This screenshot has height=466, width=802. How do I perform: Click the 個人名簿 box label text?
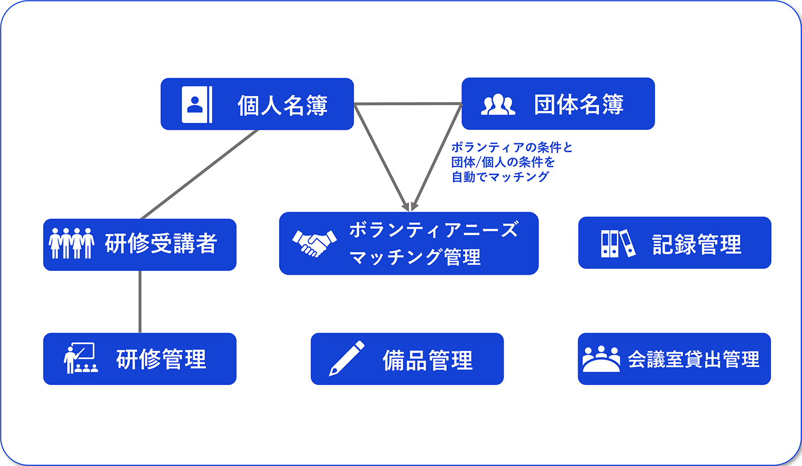coord(282,105)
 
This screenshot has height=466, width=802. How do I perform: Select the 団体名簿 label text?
coord(579,104)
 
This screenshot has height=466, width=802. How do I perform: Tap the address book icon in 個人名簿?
coord(196,104)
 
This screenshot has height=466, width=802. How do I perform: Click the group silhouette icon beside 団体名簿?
coord(498,105)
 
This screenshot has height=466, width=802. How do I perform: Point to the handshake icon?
coord(314,243)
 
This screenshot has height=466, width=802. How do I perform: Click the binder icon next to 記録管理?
coord(618,244)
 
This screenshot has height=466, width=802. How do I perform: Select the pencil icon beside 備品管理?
coord(346,359)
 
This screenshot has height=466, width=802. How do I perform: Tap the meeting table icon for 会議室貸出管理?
coord(601,359)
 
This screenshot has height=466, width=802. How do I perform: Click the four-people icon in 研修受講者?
coord(72,244)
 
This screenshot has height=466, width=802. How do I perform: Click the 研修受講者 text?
coord(161,244)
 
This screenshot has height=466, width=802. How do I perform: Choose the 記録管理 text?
coord(697,244)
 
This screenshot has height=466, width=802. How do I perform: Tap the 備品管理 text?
coord(428,360)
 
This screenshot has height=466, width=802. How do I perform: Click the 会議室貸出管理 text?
coord(693,359)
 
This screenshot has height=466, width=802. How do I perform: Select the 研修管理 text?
coord(161,359)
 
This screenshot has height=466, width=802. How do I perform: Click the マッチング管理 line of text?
coord(415,258)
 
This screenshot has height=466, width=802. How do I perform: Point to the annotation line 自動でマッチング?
coord(500,177)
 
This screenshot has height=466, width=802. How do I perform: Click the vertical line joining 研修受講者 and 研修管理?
coord(140,302)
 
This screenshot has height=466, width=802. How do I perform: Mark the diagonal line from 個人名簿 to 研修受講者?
coord(199,174)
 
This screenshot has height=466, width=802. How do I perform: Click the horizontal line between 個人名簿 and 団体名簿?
coord(407,104)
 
